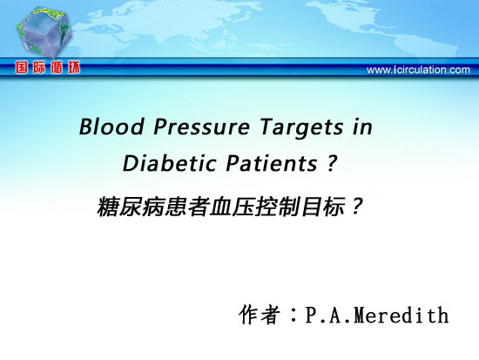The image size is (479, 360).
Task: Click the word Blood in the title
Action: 111,126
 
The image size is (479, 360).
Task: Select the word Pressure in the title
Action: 202,126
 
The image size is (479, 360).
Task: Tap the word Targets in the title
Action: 302,127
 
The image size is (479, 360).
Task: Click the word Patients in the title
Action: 272,163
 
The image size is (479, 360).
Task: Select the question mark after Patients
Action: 332,163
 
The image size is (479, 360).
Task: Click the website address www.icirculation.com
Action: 418,70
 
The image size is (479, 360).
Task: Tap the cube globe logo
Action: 44,31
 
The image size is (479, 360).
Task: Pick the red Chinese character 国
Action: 22,67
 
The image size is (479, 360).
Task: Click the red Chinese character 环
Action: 74,67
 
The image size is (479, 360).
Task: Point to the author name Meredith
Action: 401,315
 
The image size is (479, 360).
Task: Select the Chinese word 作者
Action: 260,315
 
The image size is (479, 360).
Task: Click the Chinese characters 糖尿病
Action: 131,207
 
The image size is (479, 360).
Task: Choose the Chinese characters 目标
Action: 323,207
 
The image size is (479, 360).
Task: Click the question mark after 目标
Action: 356,207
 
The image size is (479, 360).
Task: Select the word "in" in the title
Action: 362,126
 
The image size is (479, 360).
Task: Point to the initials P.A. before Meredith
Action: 329,315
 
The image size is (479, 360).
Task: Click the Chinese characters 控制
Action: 278,207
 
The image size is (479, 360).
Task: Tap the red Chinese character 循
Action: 57,67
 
